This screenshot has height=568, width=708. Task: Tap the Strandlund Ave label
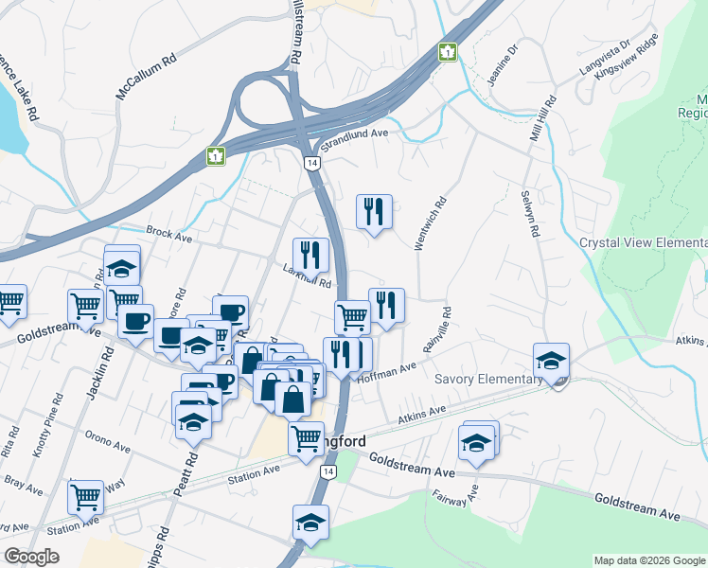pos(355,140)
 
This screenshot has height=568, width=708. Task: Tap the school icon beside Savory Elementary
pos(551,360)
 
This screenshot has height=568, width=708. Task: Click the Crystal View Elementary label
pos(643,243)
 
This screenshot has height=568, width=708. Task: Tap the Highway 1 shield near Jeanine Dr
pos(447,51)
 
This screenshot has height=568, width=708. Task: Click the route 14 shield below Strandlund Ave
pos(310,163)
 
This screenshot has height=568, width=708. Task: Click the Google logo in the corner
pos(30,557)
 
